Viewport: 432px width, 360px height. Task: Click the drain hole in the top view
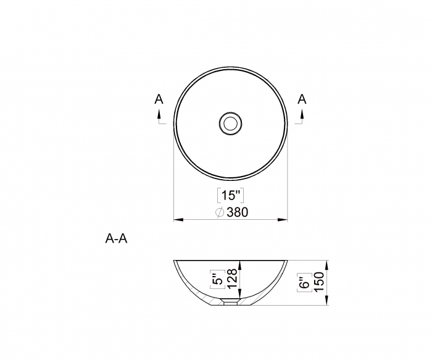click(x=231, y=123)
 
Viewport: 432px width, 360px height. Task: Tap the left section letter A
click(x=159, y=99)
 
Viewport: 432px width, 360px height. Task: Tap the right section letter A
click(x=302, y=99)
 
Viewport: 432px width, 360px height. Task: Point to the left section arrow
click(x=159, y=114)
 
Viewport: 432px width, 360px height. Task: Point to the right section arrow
click(x=302, y=114)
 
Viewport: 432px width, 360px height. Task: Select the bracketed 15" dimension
click(x=231, y=196)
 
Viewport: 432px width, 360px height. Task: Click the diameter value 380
click(x=236, y=212)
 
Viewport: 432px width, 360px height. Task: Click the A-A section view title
click(x=116, y=239)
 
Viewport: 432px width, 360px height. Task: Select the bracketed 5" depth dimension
click(x=216, y=280)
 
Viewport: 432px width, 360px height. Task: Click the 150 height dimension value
click(x=319, y=283)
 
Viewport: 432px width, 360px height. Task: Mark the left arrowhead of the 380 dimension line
click(x=177, y=219)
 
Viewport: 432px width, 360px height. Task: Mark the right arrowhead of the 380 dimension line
click(x=285, y=219)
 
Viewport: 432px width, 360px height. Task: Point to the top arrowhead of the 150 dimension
click(x=327, y=264)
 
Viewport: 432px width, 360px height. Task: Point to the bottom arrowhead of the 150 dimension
click(x=327, y=303)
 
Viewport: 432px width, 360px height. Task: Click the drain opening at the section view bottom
click(x=231, y=303)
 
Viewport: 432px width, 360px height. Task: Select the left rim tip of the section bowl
click(x=175, y=262)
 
